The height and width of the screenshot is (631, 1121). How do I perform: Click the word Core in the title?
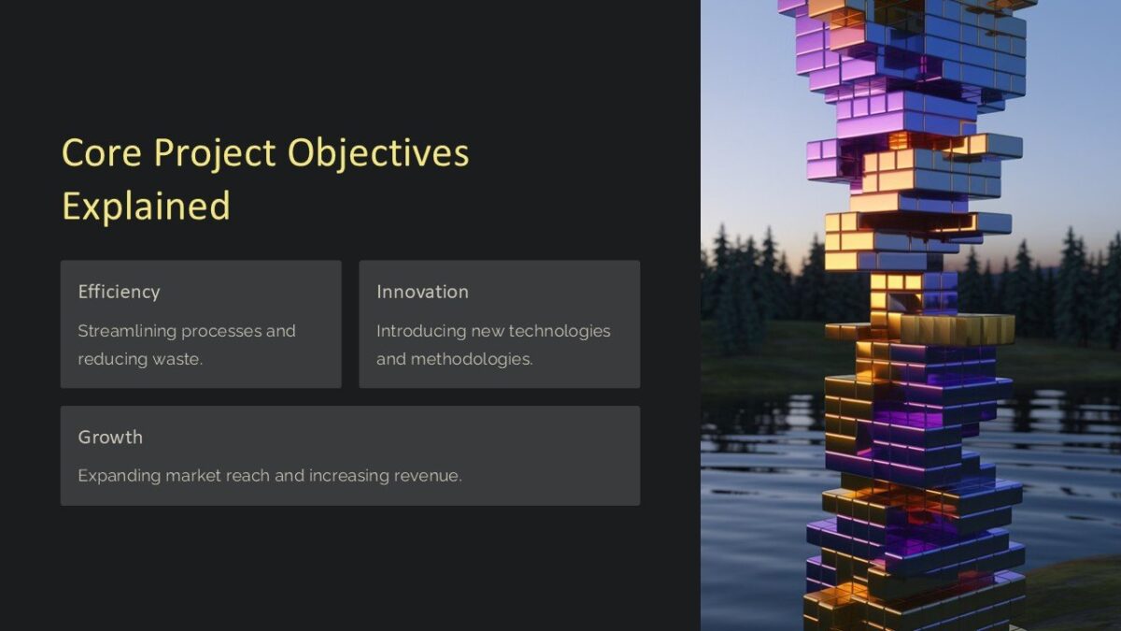(x=103, y=153)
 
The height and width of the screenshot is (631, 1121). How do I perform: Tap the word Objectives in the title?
(x=378, y=153)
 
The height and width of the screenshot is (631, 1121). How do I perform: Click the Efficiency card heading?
(x=119, y=292)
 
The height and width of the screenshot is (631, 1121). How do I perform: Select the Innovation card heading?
(x=422, y=292)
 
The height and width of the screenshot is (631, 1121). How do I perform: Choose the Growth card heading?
(x=110, y=437)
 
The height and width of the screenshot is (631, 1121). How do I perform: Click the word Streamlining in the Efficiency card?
(x=127, y=331)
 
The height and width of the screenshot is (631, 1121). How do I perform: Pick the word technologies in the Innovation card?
(x=560, y=331)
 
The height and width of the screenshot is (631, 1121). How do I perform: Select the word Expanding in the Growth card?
(x=119, y=476)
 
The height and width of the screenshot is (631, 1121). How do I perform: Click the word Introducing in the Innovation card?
(x=420, y=331)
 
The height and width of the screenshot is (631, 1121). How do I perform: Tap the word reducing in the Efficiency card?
(x=106, y=359)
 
